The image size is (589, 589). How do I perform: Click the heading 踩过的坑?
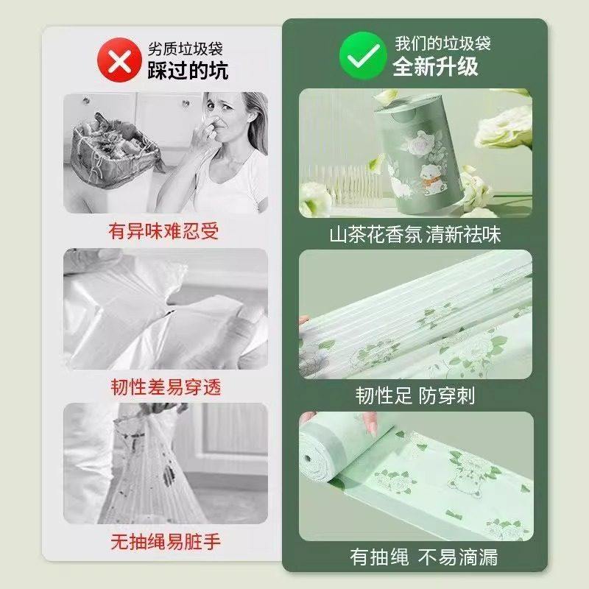(188, 69)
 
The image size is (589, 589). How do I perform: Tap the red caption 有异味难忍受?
(163, 231)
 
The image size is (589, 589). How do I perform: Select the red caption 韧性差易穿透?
(164, 387)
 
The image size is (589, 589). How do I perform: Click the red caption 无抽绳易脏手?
(164, 543)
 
